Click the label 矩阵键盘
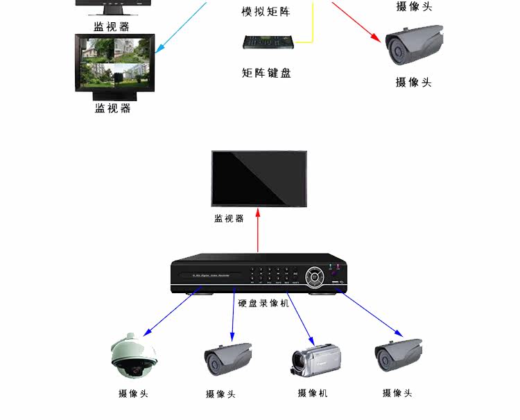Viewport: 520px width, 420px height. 266,73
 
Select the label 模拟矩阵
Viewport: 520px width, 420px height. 266,12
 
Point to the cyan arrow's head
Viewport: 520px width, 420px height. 159,50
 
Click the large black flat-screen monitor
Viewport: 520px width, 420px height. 259,179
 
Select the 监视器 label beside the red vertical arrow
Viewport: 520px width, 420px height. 229,218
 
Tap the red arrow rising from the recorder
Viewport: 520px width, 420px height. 258,232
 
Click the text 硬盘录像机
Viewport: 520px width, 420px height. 263,303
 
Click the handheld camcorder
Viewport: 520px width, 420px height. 313,359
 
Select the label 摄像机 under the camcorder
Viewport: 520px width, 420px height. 313,393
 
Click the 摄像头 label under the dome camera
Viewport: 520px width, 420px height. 133,394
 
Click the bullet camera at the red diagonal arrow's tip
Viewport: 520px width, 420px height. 414,45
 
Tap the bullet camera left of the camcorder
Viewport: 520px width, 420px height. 227,358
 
